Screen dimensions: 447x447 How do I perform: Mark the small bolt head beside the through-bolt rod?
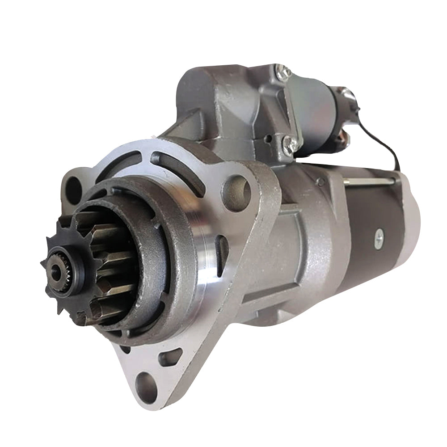pyautogui.click(x=320, y=181)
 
